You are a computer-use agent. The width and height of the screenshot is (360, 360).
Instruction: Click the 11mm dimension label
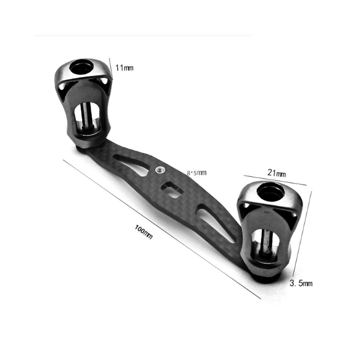pyautogui.click(x=124, y=68)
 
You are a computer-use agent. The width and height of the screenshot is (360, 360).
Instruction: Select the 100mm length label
pyautogui.click(x=144, y=232)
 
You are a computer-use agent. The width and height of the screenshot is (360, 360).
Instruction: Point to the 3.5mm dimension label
pyautogui.click(x=301, y=283)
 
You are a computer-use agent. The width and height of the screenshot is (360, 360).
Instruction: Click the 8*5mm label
pyautogui.click(x=196, y=173)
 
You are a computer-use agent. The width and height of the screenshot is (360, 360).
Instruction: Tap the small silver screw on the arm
pyautogui.click(x=159, y=170)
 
